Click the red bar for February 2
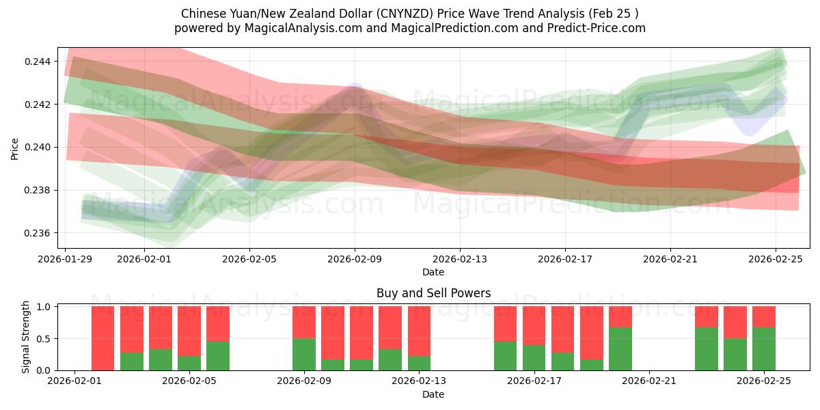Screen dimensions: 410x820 pos(102,338)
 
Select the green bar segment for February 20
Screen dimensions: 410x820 pos(620,348)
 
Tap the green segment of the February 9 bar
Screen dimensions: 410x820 pos(304,354)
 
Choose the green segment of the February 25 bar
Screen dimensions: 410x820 pos(764,348)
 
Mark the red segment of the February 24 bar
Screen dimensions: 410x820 pos(735,322)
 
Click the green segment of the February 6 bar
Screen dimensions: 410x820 pos(218,356)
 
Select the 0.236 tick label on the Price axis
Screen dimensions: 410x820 pos(42,233)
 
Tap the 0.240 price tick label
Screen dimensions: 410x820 pos(42,148)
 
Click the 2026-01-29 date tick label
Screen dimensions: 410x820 pos(66,260)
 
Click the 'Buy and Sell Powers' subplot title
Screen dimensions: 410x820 pos(433,294)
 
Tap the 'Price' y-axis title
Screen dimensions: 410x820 pos(15,148)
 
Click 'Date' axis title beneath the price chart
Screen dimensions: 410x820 pos(433,272)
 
